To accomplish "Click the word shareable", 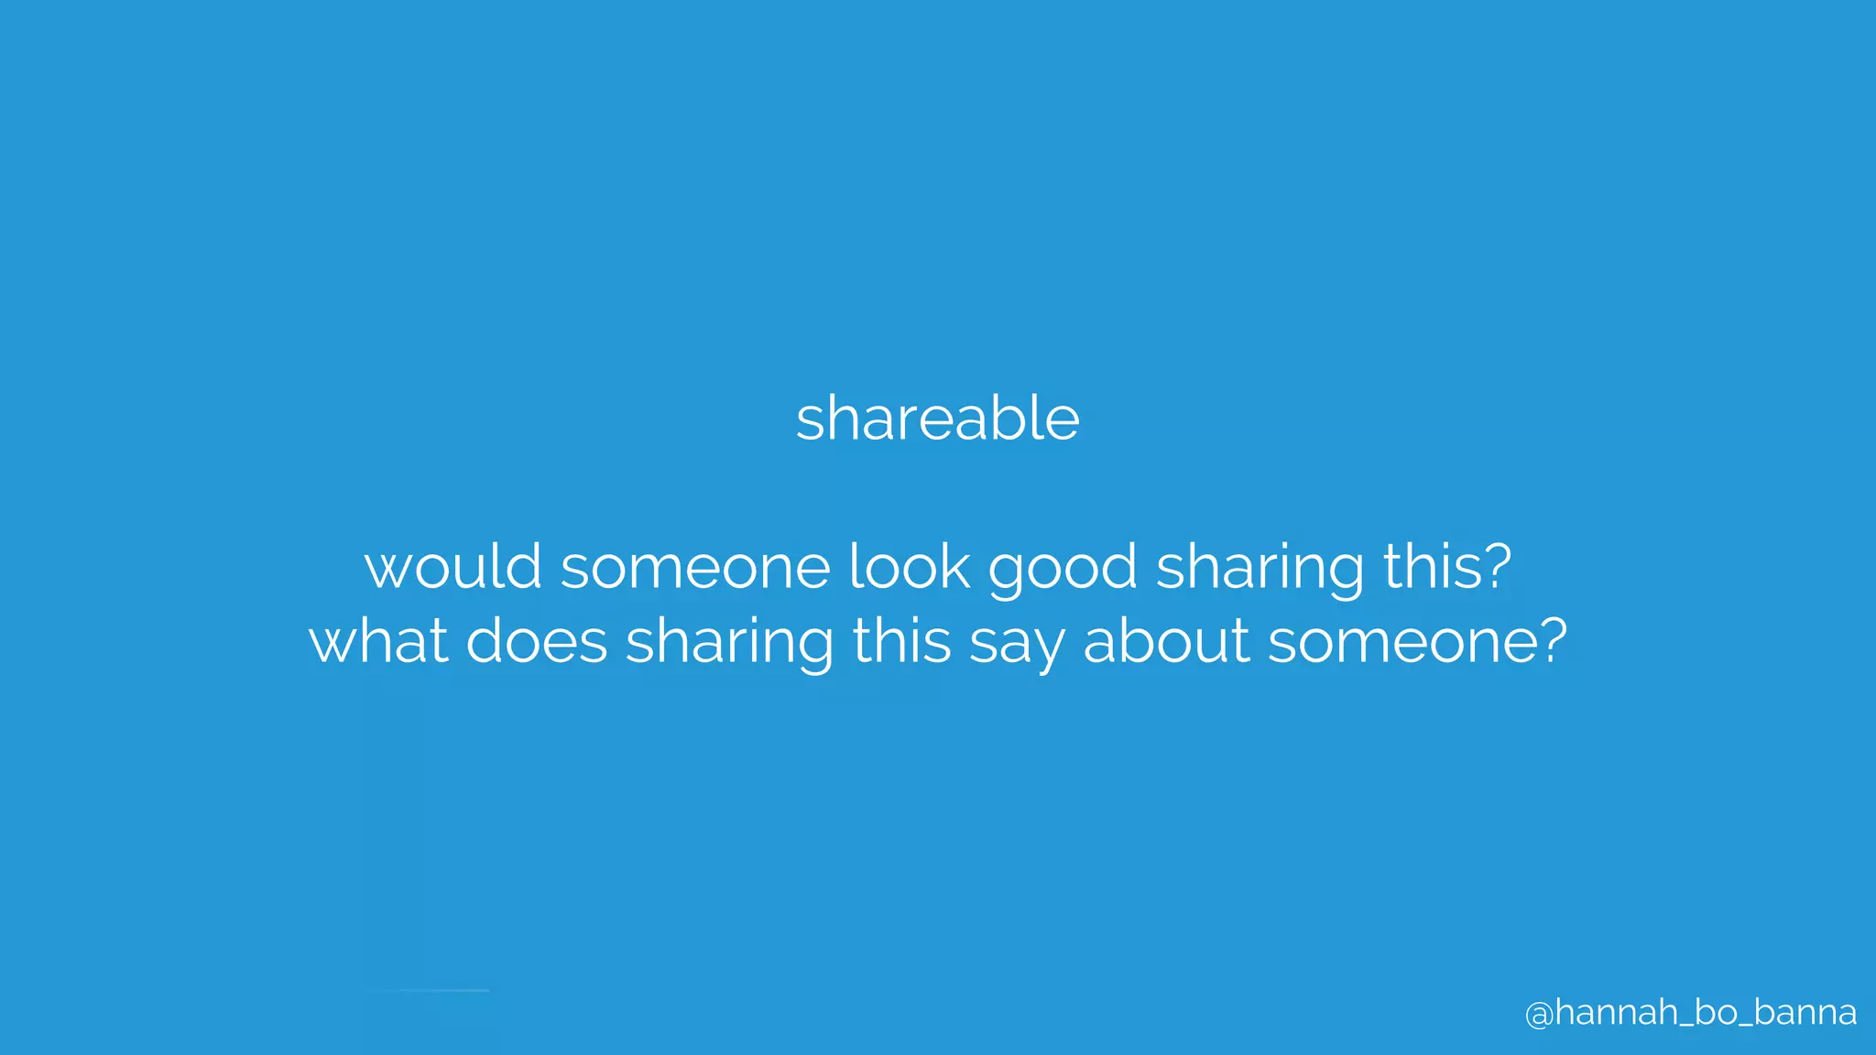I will [x=937, y=419].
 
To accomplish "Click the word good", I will [x=1063, y=568].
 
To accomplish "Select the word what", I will [x=378, y=640].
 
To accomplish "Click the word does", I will [x=537, y=640].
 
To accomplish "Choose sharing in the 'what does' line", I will [x=729, y=642].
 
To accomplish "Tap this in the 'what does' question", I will [x=901, y=640].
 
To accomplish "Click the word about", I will [x=1166, y=640].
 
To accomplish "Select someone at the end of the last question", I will [x=1402, y=640].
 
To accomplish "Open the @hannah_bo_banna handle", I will [x=1690, y=1013].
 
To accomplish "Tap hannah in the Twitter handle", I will [x=1616, y=1012].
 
